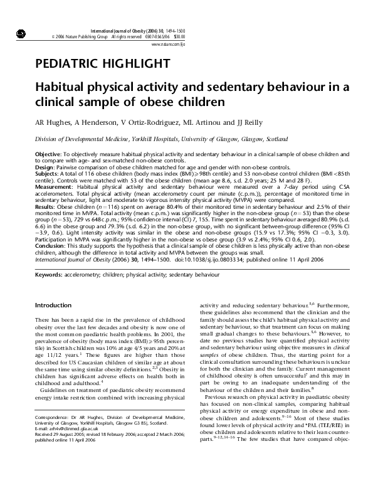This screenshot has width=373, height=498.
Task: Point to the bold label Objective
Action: pos(48,154)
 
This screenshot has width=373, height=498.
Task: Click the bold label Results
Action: pos(45,204)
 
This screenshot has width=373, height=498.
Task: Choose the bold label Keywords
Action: pos(50,275)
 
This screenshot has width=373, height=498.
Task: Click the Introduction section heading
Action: pos(53,305)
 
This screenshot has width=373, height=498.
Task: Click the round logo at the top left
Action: pos(21,33)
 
